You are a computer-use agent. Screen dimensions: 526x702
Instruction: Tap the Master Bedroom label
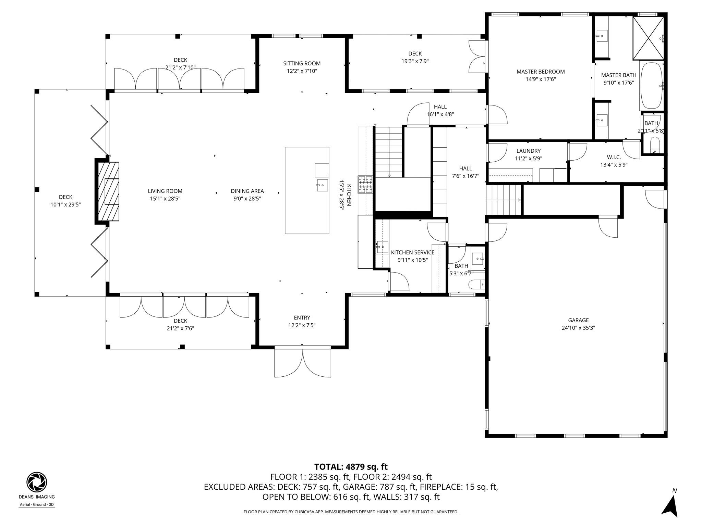point(541,72)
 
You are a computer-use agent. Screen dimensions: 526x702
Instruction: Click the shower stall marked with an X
point(648,38)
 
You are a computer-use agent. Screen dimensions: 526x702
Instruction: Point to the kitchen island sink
point(322,186)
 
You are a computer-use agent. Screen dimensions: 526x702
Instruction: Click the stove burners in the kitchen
point(365,185)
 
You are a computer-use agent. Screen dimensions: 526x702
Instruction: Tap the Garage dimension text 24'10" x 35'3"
point(578,328)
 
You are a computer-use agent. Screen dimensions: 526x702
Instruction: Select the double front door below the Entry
point(303,362)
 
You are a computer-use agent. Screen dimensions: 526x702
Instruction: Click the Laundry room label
point(528,151)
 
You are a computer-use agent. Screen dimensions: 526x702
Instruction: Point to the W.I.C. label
point(614,157)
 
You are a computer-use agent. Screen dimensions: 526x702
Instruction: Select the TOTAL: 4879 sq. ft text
point(351,467)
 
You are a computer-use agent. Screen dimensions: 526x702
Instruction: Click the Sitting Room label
point(302,63)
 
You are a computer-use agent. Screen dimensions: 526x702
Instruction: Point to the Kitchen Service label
point(412,252)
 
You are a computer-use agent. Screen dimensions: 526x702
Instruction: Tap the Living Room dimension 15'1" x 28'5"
point(165,199)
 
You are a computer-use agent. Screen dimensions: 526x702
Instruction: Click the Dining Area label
point(247,191)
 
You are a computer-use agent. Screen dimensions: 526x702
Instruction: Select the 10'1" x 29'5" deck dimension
point(65,205)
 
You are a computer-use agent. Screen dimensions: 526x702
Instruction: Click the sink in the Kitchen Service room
point(382,247)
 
